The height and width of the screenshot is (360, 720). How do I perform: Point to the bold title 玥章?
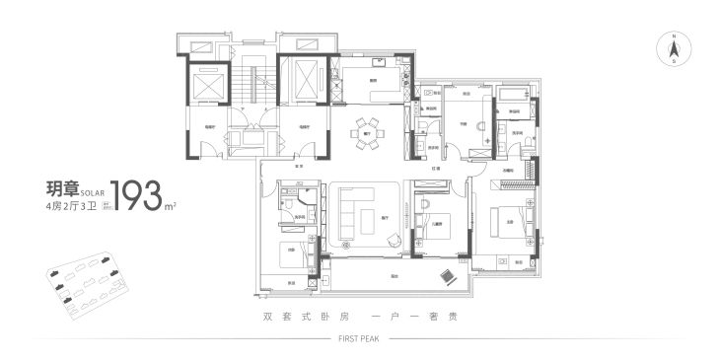click(x=60, y=188)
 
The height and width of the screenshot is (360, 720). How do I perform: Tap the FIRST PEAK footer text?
click(x=359, y=337)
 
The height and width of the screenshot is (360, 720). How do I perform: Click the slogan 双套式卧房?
click(x=295, y=318)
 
